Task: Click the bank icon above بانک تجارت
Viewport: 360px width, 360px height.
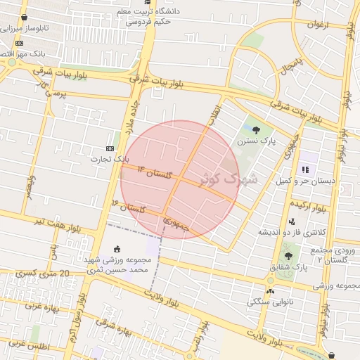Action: [x=110, y=148]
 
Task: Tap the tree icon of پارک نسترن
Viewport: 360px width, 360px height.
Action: [x=256, y=130]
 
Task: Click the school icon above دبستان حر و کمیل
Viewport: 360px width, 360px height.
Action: [x=305, y=169]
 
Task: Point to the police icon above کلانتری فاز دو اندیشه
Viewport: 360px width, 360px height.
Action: [x=292, y=221]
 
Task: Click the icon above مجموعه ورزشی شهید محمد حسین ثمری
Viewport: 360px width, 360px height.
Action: [x=117, y=248]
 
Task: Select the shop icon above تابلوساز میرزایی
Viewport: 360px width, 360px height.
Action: [x=25, y=18]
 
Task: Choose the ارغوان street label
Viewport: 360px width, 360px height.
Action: [x=316, y=25]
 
